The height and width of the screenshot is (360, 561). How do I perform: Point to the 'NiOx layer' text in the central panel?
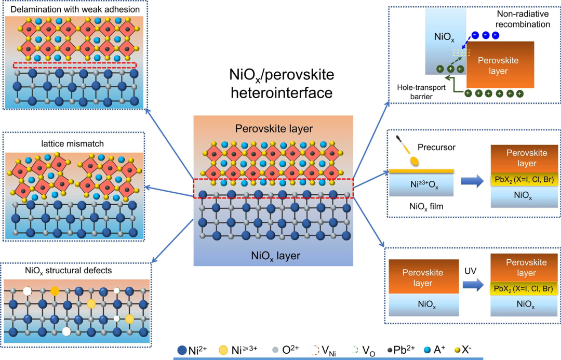[x=275, y=255]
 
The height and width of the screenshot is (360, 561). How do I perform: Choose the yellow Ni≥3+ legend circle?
[x=224, y=351]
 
